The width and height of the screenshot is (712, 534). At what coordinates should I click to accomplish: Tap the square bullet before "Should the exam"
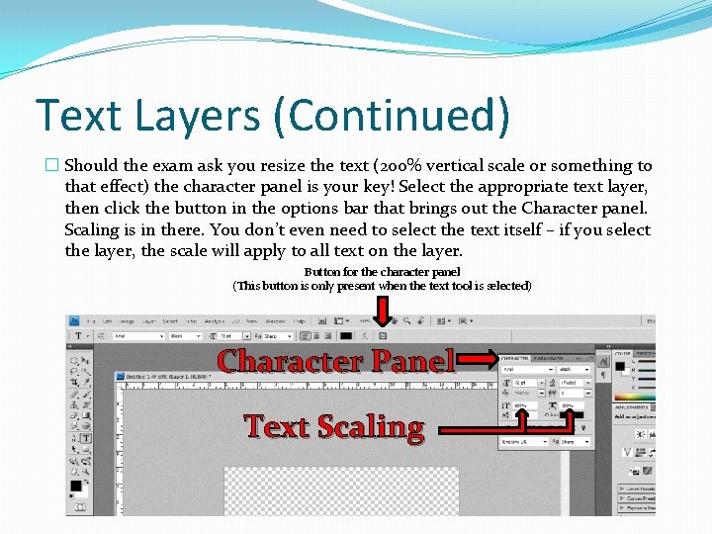pyautogui.click(x=52, y=166)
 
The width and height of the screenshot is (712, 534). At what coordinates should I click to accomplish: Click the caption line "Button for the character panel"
pyautogui.click(x=382, y=272)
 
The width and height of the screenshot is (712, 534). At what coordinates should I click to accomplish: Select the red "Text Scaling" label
pyautogui.click(x=334, y=426)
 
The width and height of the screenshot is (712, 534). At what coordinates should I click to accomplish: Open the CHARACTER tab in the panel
pyautogui.click(x=515, y=358)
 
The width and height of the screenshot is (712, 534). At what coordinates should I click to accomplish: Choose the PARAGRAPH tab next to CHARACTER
pyautogui.click(x=550, y=358)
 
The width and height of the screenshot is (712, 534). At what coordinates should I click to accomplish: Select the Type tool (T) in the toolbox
pyautogui.click(x=86, y=437)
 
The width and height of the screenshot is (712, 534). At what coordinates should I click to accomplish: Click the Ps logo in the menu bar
pyautogui.click(x=74, y=321)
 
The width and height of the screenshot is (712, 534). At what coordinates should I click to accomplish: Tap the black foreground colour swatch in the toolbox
pyautogui.click(x=75, y=487)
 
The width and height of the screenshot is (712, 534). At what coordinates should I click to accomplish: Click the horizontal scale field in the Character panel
pyautogui.click(x=573, y=405)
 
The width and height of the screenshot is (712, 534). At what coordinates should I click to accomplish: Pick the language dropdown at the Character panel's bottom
pyautogui.click(x=521, y=441)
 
